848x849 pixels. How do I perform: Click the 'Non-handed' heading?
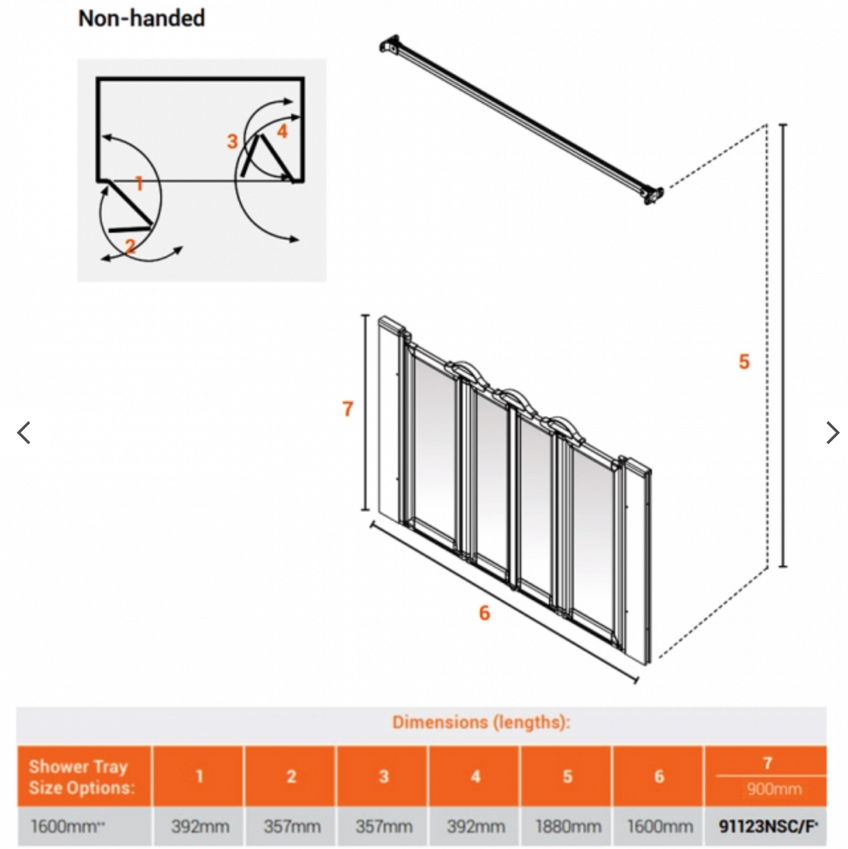coord(141,18)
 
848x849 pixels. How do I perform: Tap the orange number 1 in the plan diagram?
coord(139,184)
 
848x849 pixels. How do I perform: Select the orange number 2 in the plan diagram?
coord(131,246)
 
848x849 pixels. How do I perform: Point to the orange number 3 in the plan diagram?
coord(233,142)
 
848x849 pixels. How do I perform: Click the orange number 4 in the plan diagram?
coord(282,131)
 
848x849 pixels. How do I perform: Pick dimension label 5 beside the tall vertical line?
coord(744,362)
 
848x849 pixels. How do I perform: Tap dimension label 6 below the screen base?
coord(484,613)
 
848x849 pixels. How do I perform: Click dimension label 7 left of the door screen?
coord(348,409)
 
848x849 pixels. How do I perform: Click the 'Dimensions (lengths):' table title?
coord(481,722)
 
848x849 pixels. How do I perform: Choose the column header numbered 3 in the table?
coord(383,776)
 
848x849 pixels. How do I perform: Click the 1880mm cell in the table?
coord(568,827)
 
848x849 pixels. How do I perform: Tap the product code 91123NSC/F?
coord(767,827)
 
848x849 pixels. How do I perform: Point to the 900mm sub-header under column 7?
coord(774,790)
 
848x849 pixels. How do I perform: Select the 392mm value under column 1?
coord(200,827)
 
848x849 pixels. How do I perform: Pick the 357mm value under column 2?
coord(292,827)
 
